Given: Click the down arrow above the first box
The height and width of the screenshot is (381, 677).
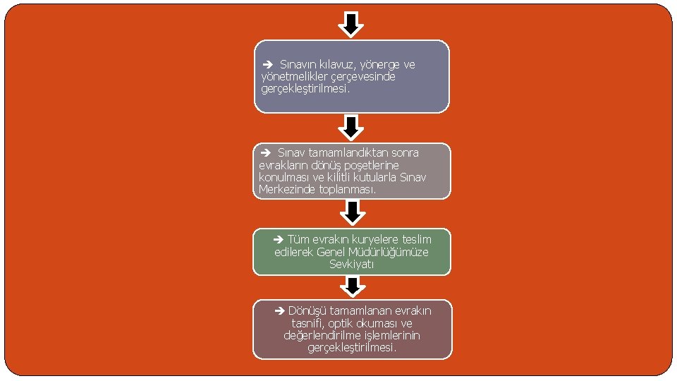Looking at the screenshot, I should click(351, 24).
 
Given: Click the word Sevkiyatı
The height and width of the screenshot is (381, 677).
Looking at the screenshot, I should click(351, 265).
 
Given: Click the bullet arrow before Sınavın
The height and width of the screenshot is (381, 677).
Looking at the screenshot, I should click(268, 65).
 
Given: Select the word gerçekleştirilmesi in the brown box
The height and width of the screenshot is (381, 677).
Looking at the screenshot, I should click(351, 348).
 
